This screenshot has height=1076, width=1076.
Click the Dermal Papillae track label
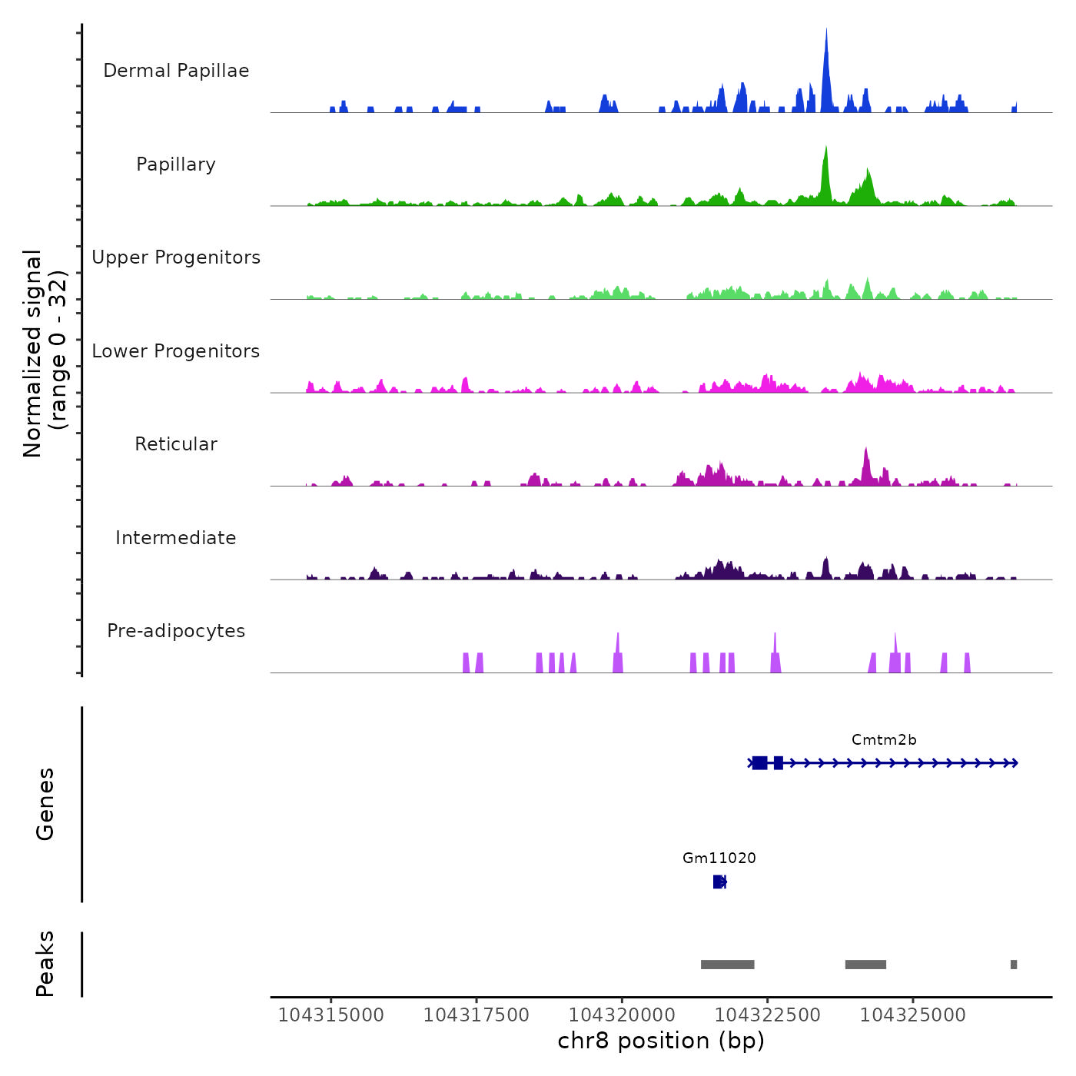coord(176,71)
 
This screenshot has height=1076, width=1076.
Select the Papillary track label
coord(176,164)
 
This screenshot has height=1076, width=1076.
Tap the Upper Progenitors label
coord(176,257)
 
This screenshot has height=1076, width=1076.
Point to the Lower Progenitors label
coord(176,351)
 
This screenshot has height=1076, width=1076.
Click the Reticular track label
coord(176,444)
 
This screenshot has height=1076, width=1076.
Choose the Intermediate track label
coord(176,538)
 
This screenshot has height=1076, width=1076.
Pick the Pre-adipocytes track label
coord(176,631)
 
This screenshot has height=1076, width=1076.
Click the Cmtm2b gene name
coord(884,740)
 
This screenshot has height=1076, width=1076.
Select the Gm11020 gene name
coord(719,858)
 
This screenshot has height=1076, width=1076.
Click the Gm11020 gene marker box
coord(719,882)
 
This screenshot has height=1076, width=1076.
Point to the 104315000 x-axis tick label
coord(330,1015)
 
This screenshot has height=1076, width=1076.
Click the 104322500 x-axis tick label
coord(767,1015)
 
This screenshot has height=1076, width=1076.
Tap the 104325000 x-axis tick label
coord(912,1015)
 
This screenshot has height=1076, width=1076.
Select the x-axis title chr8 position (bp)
coord(661,1041)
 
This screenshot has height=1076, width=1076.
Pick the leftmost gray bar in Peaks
coord(727,965)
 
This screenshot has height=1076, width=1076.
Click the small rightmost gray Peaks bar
coord(1014,965)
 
